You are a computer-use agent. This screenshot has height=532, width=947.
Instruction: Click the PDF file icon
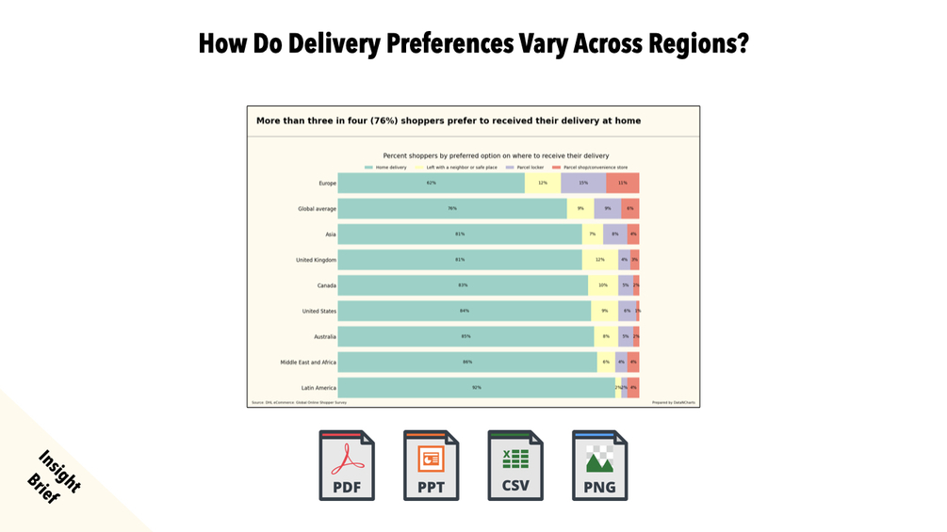[347, 465]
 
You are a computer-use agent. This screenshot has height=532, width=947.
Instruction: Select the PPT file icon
[431, 465]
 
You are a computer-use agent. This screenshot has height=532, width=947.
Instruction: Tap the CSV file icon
[515, 465]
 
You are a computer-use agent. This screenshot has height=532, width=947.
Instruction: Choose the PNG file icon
[599, 465]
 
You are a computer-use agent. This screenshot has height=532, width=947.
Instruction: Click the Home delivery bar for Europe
[431, 183]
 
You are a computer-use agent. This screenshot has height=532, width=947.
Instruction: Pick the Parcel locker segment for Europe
[583, 183]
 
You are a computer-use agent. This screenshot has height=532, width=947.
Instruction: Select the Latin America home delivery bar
[476, 387]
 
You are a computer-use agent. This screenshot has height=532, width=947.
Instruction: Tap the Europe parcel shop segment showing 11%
[623, 183]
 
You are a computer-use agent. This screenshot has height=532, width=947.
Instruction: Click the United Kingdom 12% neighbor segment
[599, 260]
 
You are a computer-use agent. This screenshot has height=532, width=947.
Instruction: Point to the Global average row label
[317, 209]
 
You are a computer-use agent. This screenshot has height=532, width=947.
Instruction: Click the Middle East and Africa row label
[308, 362]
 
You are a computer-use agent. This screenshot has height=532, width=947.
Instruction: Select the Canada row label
[326, 285]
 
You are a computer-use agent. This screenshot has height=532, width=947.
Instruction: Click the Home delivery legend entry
[386, 168]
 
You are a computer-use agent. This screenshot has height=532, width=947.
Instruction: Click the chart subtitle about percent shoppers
[496, 155]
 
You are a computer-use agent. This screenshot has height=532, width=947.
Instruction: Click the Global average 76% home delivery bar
[452, 209]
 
